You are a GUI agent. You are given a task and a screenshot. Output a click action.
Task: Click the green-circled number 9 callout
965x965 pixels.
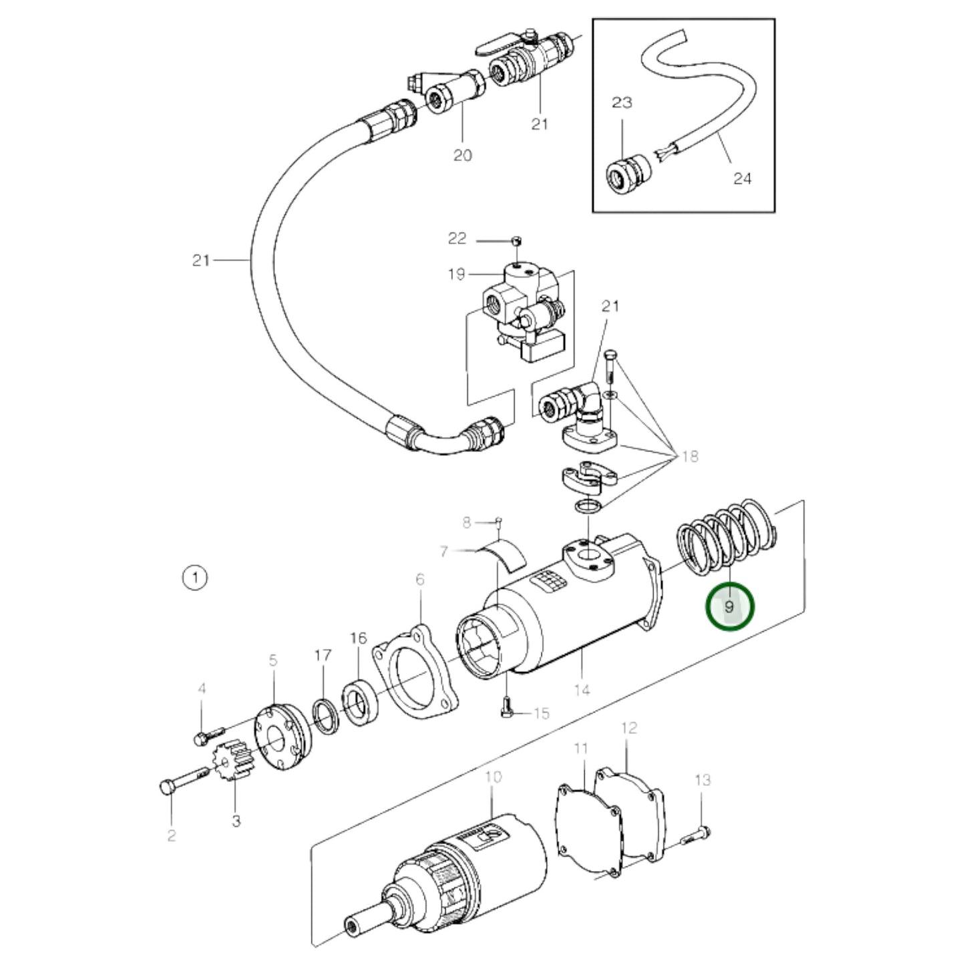point(729,606)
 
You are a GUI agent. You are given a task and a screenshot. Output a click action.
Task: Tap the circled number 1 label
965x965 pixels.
point(195,577)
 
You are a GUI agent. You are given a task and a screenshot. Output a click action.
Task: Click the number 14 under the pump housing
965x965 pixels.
point(582,689)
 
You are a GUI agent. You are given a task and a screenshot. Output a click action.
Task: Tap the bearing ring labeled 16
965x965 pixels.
point(361,703)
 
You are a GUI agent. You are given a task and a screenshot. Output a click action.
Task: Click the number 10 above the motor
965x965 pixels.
point(493,777)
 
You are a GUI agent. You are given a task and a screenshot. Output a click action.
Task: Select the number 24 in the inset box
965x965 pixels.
point(742,178)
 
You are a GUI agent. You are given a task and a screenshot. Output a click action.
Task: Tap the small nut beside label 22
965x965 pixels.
point(515,240)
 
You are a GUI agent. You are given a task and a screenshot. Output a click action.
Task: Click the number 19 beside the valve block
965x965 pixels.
point(456,274)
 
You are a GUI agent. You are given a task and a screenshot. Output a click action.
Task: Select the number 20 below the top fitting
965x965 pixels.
point(462,155)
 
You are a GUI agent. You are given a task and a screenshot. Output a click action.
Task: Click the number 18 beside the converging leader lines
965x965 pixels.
point(689,456)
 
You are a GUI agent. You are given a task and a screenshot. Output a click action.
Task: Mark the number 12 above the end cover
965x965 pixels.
point(629,727)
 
